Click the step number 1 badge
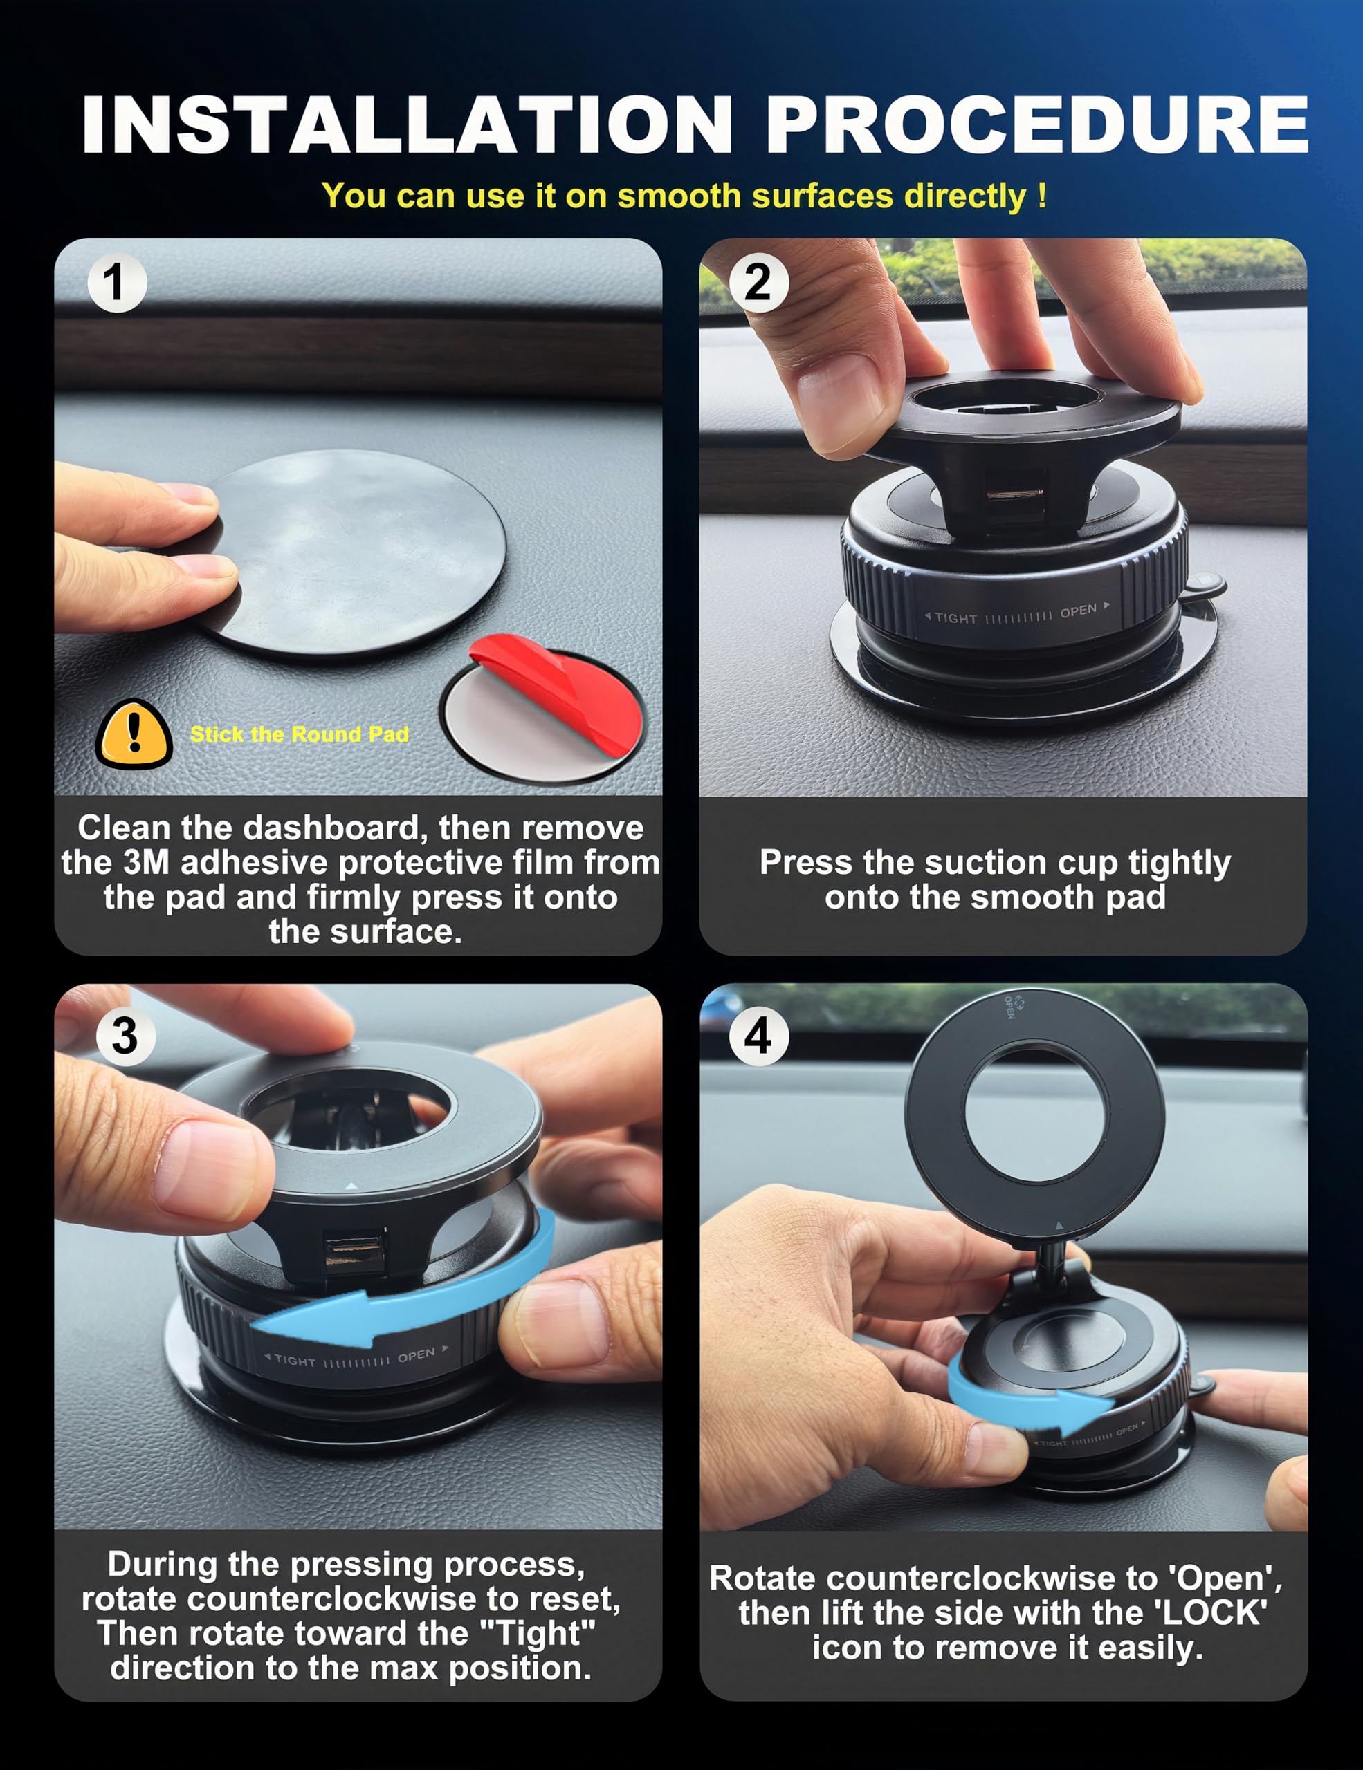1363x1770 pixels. click(x=117, y=283)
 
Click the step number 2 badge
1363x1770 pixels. click(x=758, y=283)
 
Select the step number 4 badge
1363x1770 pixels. click(x=758, y=1036)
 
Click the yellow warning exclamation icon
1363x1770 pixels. click(x=134, y=734)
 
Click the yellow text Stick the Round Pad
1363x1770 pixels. click(x=299, y=734)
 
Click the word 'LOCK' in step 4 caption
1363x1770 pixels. click(x=1214, y=1613)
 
